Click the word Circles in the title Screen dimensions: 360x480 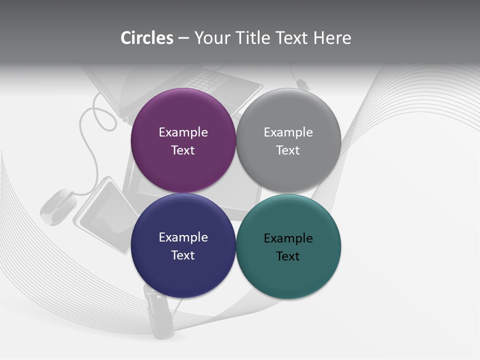[146, 38]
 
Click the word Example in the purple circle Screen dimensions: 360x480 [183, 132]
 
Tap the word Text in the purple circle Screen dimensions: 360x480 [183, 150]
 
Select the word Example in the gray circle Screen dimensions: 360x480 [288, 132]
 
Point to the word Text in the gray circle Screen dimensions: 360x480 [288, 150]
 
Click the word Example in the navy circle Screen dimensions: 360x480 [183, 237]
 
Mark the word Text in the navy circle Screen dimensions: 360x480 [183, 255]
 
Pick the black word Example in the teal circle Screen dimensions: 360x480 [288, 238]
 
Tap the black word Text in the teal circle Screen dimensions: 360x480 [288, 256]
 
